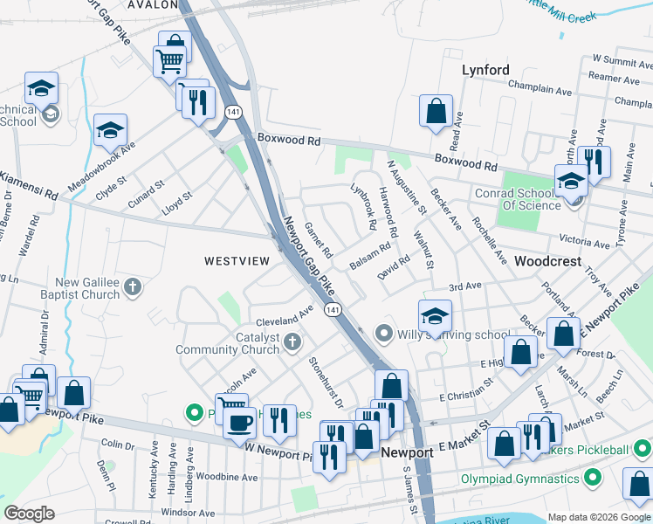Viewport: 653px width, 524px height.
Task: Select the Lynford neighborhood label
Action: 485,71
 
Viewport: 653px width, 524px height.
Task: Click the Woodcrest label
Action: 547,261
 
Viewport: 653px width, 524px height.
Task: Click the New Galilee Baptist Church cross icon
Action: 132,286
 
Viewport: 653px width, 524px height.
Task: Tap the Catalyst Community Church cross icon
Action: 292,341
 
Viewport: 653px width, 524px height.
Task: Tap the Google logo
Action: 30,514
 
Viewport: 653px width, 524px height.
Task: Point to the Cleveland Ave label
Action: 284,315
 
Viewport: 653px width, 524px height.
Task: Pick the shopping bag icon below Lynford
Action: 436,111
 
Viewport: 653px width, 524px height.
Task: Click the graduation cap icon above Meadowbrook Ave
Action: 110,130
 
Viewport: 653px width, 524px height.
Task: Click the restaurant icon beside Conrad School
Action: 594,162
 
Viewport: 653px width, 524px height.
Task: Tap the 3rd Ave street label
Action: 464,286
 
